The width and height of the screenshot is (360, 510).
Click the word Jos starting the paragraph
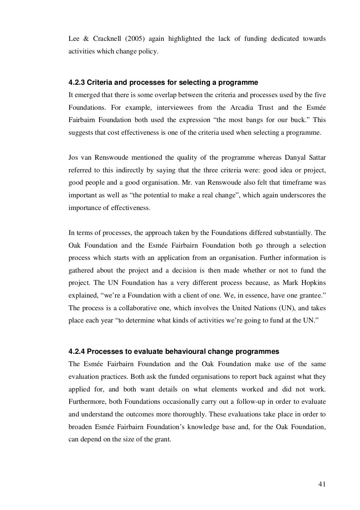pos(73,158)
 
